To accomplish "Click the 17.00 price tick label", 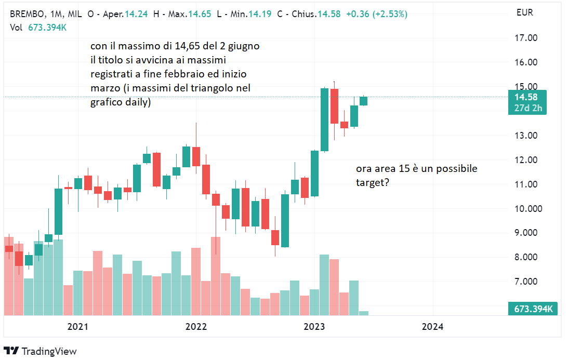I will click(x=525, y=38).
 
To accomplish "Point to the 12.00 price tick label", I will click(x=525, y=160).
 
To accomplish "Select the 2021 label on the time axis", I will click(x=77, y=327).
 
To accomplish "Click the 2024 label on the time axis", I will click(x=432, y=327).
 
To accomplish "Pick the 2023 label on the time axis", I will click(x=314, y=327).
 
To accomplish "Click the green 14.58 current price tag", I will click(x=527, y=97).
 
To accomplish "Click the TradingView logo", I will click(x=40, y=351).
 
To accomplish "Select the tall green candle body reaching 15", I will click(x=324, y=119).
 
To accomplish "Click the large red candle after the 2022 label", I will click(x=206, y=179).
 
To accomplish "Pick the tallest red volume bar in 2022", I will click(x=216, y=276).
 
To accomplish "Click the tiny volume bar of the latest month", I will click(x=364, y=313).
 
